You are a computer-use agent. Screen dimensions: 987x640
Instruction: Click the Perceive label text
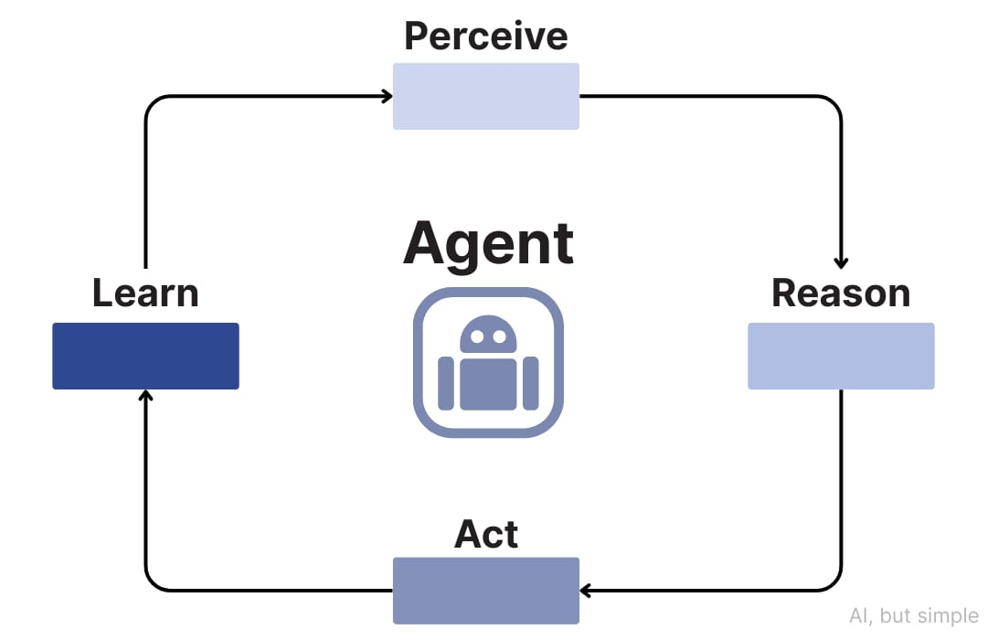486,36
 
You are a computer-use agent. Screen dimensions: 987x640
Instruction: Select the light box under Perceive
486,96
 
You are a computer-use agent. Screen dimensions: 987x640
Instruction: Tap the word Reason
841,293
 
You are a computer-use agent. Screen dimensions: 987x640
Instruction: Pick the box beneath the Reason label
841,356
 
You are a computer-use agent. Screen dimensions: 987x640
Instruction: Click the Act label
486,534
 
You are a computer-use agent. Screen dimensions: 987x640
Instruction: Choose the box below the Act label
486,591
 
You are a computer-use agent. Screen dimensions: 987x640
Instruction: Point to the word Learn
145,293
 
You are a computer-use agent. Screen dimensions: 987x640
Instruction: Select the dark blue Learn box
145,356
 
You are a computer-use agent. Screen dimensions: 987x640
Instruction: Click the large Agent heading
488,244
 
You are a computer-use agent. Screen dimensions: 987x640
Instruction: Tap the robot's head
488,334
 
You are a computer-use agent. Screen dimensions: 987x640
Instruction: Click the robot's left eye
477,337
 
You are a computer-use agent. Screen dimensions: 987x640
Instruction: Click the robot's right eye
500,337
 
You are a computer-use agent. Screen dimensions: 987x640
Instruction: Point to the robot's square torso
488,384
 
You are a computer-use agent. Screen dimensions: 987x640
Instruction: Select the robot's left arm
446,384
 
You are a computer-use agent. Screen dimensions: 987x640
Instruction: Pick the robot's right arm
531,384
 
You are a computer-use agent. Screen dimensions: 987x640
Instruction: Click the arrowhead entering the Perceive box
387,96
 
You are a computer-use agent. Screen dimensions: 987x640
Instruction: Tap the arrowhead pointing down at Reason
841,263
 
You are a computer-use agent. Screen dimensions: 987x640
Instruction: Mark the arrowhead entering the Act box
586,591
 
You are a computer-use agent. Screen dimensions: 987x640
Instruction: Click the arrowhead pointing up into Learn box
145,396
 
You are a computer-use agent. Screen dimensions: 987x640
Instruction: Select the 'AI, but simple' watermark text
914,615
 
